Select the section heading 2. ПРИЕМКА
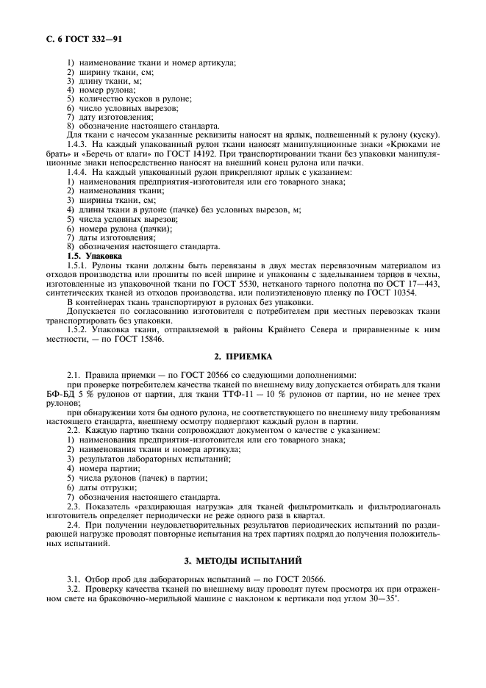pyautogui.click(x=243, y=356)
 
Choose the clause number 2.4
pyautogui.click(x=74, y=526)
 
